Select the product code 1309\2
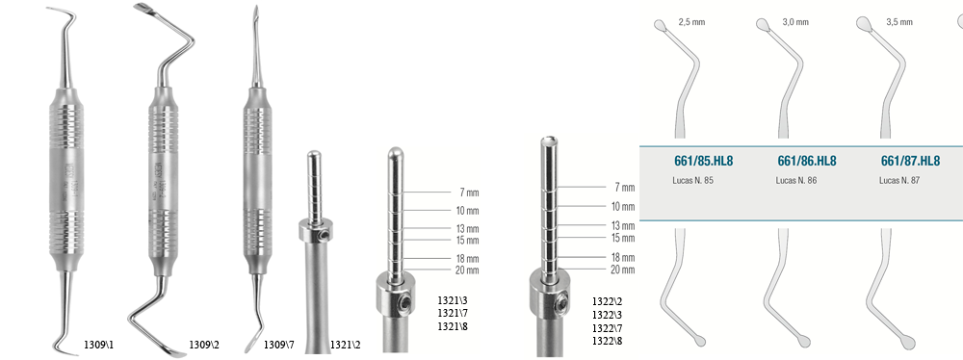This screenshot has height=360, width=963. [x=204, y=345]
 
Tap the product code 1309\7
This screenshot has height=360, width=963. [x=279, y=345]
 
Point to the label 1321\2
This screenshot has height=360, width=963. [x=345, y=345]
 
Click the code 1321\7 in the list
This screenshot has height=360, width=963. [x=453, y=313]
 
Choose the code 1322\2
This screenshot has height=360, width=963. [x=608, y=301]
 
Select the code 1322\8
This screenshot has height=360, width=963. [x=608, y=341]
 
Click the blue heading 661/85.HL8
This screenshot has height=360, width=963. [x=703, y=161]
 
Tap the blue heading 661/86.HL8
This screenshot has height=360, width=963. [x=807, y=161]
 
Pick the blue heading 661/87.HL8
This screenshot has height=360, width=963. [x=910, y=161]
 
